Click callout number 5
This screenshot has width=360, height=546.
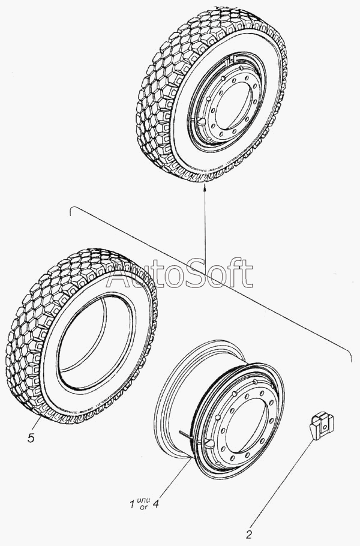[x=31, y=437]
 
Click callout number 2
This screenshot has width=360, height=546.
[x=249, y=535]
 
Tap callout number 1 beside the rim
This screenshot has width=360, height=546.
[x=132, y=504]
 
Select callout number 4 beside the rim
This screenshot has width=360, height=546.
[x=155, y=503]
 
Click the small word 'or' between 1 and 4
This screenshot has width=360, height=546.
[x=143, y=508]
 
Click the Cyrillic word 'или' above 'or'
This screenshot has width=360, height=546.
[x=143, y=500]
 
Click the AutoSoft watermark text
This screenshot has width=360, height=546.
[x=179, y=274]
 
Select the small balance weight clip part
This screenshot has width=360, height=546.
[x=322, y=425]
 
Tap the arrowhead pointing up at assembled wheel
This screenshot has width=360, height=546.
[x=205, y=187]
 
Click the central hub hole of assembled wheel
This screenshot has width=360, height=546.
[x=233, y=107]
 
